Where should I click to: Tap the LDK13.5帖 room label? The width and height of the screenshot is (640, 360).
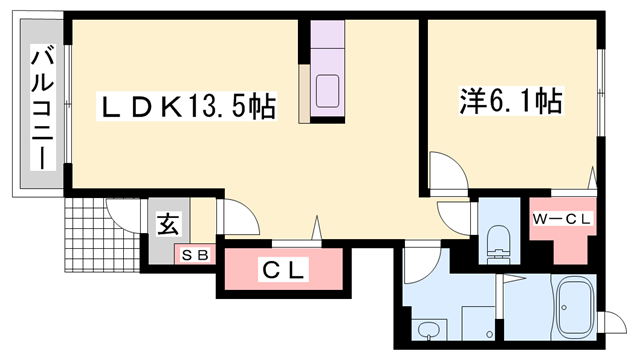point(186,104)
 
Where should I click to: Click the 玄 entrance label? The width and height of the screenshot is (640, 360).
point(166,222)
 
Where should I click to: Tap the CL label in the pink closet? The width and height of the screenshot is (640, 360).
point(285,270)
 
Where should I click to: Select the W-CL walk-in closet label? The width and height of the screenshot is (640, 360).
point(562,217)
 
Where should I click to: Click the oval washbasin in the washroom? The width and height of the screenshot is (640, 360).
point(430,330)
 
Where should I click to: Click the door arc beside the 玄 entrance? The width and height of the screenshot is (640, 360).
point(231,216)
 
